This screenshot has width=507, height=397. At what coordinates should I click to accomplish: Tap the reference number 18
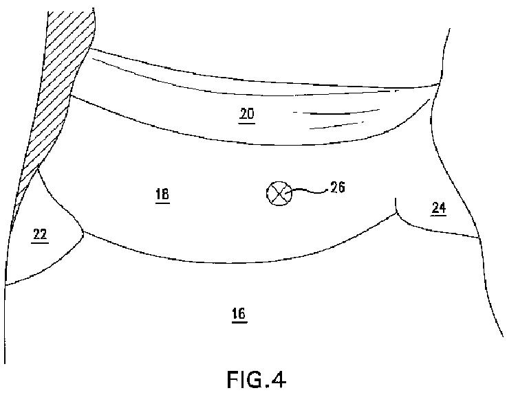(162, 194)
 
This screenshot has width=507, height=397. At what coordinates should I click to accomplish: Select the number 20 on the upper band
(247, 114)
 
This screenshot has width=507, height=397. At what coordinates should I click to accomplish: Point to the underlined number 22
(40, 235)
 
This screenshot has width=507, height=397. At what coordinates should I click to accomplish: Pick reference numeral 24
(438, 207)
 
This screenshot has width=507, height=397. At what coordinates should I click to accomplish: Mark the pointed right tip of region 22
(84, 231)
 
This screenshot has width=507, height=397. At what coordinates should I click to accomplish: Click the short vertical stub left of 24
(397, 205)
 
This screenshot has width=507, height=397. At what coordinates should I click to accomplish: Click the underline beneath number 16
(239, 321)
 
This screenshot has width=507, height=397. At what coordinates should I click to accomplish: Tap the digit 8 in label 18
(166, 194)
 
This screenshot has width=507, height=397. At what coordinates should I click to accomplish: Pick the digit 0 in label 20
(251, 114)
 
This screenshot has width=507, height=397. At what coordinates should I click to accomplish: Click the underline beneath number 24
(438, 214)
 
